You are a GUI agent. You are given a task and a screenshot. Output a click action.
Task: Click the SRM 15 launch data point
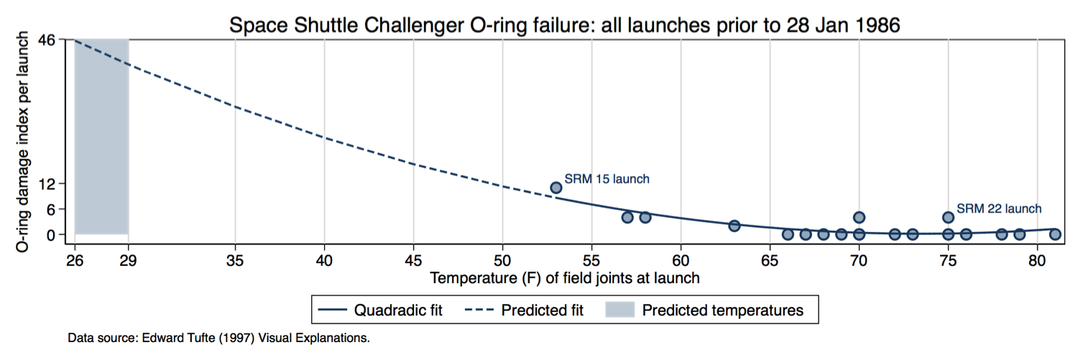[x=556, y=188]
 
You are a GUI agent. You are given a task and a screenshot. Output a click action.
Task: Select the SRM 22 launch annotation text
[x=999, y=209]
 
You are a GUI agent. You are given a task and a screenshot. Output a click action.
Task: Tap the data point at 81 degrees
[x=1055, y=234]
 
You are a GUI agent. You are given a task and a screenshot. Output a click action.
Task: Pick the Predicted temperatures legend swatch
[x=619, y=310]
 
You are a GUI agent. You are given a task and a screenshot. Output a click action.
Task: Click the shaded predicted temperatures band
[x=101, y=137]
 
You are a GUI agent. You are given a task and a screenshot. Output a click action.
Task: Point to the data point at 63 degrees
[x=734, y=226]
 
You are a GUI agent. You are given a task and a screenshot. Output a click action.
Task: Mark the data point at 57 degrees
[x=627, y=217]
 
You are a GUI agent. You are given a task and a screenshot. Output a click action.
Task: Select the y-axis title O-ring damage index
[x=24, y=141]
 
